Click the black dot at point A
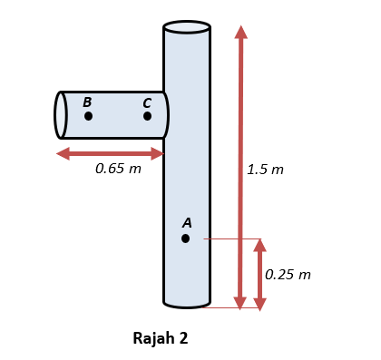click(x=185, y=238)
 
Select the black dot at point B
click(x=88, y=116)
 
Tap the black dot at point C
click(x=147, y=116)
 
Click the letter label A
click(x=187, y=222)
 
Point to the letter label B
click(x=87, y=102)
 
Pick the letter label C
click(x=147, y=102)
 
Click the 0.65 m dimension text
click(x=118, y=169)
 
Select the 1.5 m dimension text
click(x=265, y=170)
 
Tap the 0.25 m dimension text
click(x=288, y=274)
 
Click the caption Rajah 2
click(x=161, y=338)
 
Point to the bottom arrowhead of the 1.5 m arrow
click(x=240, y=303)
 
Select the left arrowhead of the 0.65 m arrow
click(x=63, y=153)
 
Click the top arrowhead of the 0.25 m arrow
click(x=259, y=245)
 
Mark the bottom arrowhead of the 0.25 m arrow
click(x=259, y=303)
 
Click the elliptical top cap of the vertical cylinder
click(x=187, y=26)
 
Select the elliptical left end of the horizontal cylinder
click(x=61, y=115)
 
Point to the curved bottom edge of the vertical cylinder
click(x=187, y=305)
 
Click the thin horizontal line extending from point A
click(x=231, y=239)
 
